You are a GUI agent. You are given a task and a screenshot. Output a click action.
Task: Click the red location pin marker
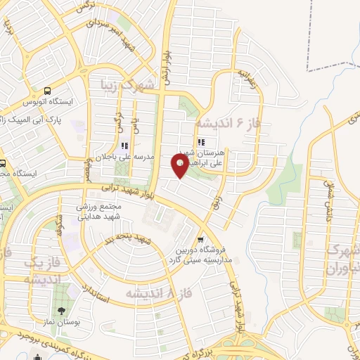[179, 165]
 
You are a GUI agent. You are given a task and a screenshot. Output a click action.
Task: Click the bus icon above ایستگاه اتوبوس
[47, 91]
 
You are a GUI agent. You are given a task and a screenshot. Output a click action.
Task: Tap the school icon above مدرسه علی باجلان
[125, 146]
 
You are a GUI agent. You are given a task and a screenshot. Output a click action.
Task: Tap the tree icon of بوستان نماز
[61, 309]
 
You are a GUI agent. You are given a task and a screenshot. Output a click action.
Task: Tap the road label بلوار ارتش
[166, 67]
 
